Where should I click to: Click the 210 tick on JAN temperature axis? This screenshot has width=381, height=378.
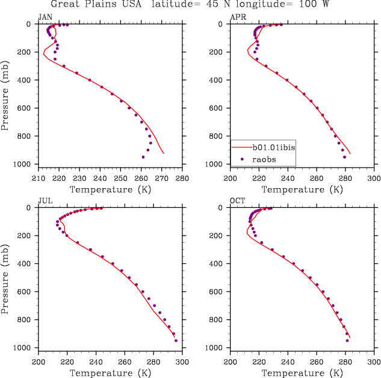pyautogui.click(x=38, y=178)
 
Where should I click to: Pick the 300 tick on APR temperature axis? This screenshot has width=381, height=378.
pyautogui.click(x=374, y=178)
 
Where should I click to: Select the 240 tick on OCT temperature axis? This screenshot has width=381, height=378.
pyautogui.click(x=288, y=362)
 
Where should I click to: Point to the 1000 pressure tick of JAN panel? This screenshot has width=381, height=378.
pyautogui.click(x=25, y=164)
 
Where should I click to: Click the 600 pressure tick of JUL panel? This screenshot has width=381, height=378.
pyautogui.click(x=28, y=291)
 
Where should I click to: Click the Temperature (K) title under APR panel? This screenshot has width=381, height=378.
pyautogui.click(x=302, y=190)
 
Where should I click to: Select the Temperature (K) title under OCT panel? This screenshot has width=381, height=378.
pyautogui.click(x=302, y=373)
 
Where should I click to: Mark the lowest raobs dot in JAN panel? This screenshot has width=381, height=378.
pyautogui.click(x=143, y=157)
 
